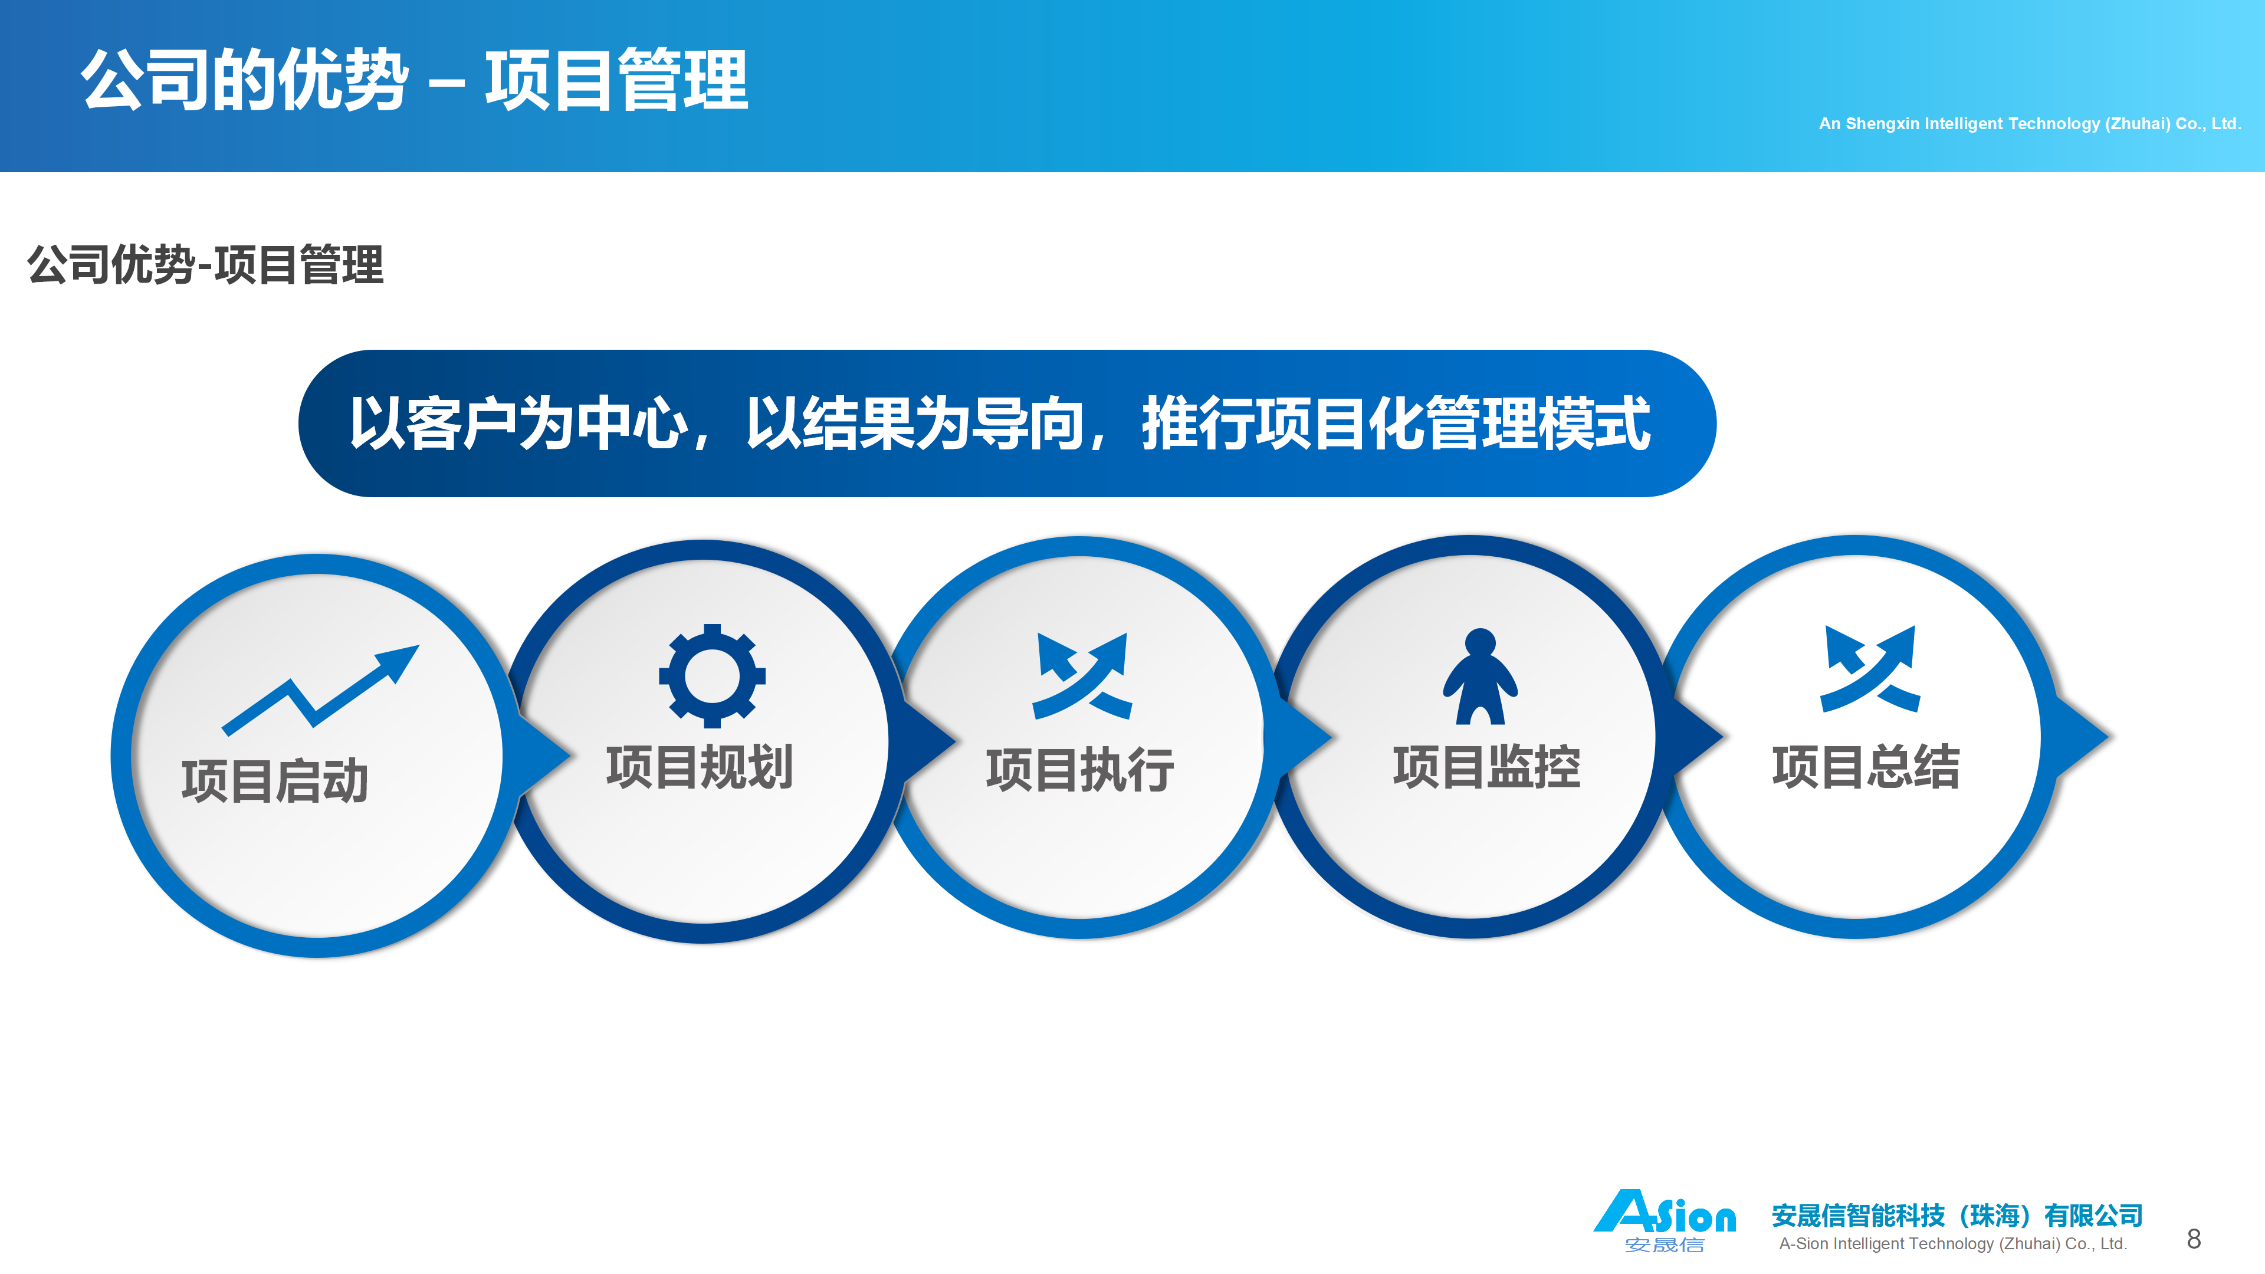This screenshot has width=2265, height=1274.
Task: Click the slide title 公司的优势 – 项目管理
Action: [x=414, y=80]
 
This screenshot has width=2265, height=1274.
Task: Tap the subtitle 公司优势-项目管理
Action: [x=206, y=265]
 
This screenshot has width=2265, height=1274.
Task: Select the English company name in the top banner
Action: [x=2029, y=124]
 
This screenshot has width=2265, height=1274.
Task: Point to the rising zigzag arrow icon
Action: [x=320, y=690]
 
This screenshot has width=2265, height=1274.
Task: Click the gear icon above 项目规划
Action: [x=712, y=676]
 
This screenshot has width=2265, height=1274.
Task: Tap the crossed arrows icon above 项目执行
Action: [x=1082, y=675]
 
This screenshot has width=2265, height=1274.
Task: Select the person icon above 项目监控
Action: [x=1480, y=676]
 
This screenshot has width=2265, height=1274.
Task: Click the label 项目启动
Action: [x=274, y=781]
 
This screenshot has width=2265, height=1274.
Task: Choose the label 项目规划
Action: [x=700, y=767]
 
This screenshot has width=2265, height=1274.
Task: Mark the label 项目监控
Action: [x=1487, y=767]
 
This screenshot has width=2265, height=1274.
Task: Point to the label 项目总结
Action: [x=1866, y=767]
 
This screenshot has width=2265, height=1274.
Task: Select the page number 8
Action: [x=2194, y=1239]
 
